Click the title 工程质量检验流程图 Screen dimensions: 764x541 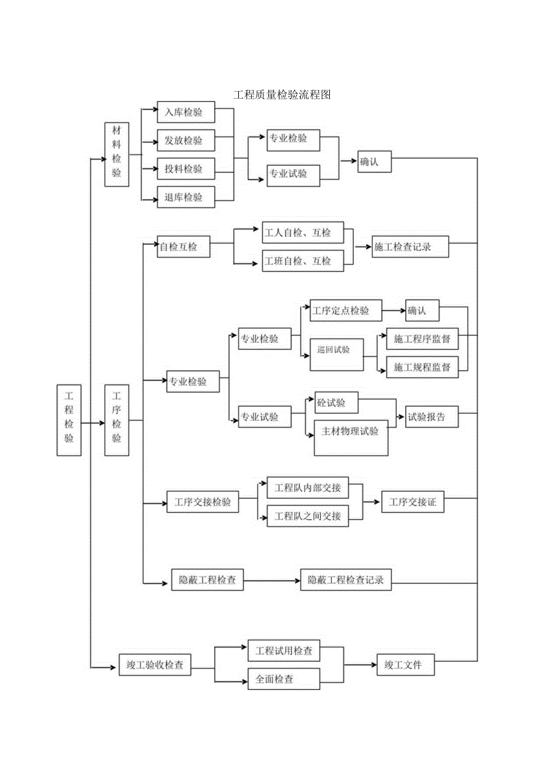(x=282, y=95)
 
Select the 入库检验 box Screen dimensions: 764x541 (x=186, y=113)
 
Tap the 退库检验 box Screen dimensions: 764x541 (x=186, y=197)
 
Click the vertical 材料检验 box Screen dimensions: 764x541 (x=116, y=154)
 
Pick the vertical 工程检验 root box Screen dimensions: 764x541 (x=69, y=420)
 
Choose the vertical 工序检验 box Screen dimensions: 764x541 (x=116, y=420)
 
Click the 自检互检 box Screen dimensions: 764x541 (x=183, y=248)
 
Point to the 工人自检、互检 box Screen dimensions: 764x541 (x=302, y=233)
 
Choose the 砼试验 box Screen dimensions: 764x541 (x=336, y=403)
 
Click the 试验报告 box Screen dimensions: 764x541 (x=430, y=418)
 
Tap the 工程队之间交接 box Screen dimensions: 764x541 (x=307, y=516)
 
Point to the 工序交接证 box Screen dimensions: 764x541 (x=412, y=502)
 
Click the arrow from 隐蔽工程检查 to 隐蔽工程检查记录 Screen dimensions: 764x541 (x=271, y=581)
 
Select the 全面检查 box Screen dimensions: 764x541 (x=283, y=679)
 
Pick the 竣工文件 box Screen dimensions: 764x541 (x=406, y=665)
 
